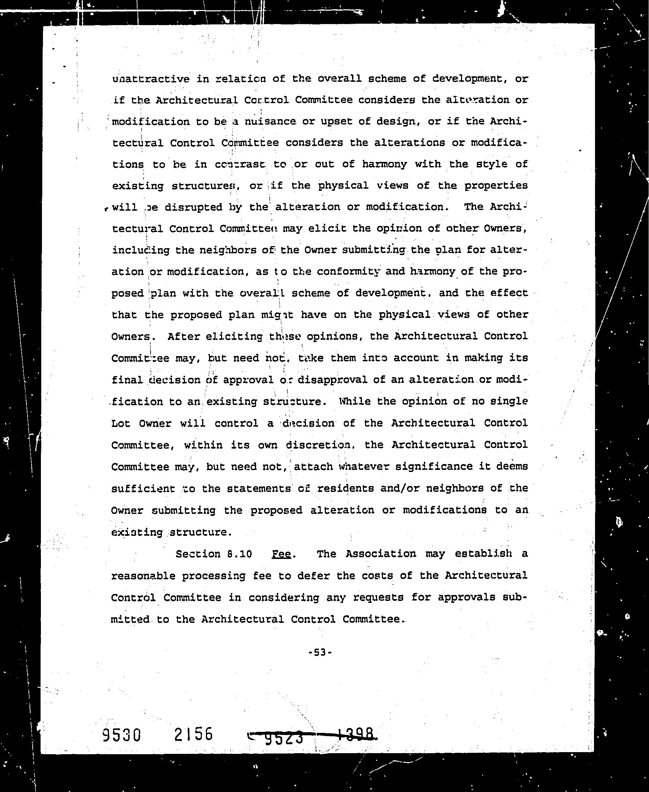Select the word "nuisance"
point(270,122)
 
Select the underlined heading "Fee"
point(282,553)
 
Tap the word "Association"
point(380,553)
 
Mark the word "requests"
point(378,597)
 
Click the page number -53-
point(320,652)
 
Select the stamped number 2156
point(193,734)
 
